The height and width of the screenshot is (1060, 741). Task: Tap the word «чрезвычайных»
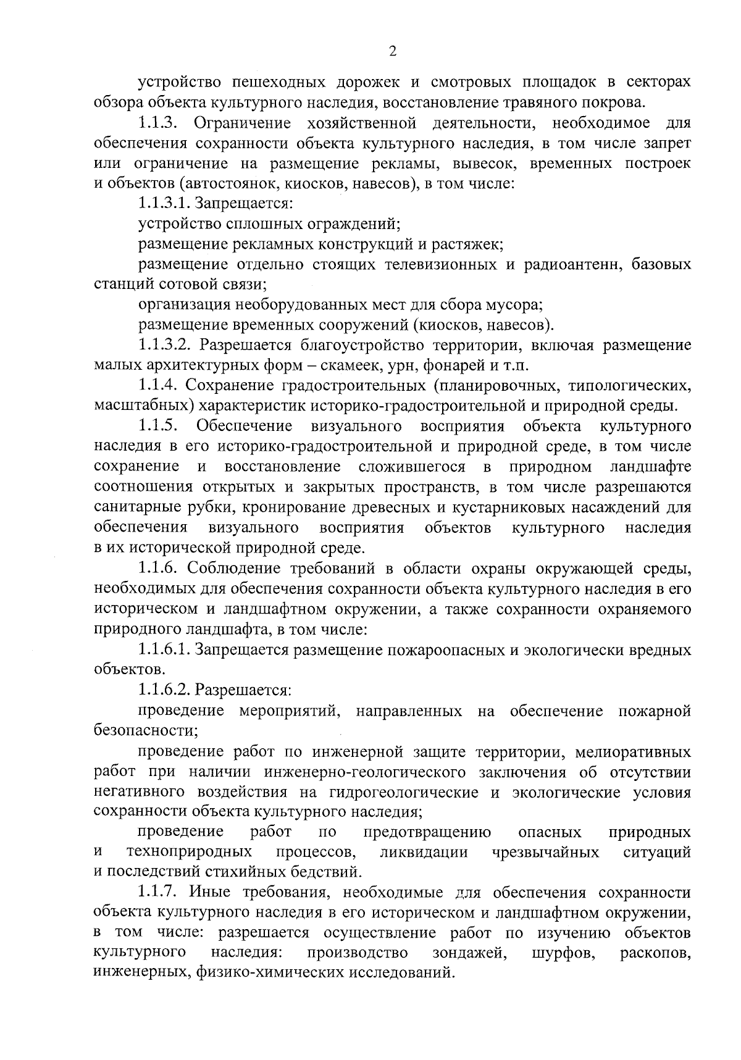546,853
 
